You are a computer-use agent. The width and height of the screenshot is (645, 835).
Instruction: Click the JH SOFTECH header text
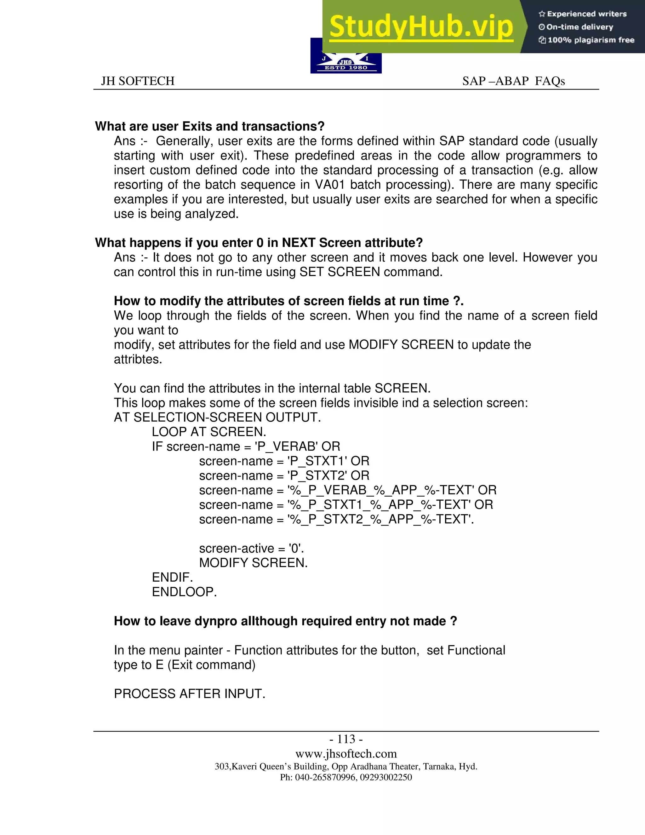click(x=138, y=81)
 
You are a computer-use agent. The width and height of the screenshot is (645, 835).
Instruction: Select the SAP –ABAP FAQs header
click(x=513, y=81)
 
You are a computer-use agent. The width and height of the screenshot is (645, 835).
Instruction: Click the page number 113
click(x=346, y=739)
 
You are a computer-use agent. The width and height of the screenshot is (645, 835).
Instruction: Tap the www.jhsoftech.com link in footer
click(x=346, y=754)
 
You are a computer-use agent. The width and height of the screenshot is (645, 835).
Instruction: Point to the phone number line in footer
click(x=346, y=777)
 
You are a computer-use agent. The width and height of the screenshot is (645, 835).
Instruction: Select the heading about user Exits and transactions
click(x=209, y=126)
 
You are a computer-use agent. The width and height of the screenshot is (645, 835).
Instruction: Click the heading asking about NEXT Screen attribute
click(x=259, y=243)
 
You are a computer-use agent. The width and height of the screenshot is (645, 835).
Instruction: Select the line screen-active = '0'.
click(x=251, y=549)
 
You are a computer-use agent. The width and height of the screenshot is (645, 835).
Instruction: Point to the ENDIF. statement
click(x=172, y=577)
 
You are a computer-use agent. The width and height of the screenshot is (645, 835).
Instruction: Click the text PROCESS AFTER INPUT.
click(x=190, y=694)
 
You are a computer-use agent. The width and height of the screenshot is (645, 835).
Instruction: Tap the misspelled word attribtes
click(x=138, y=360)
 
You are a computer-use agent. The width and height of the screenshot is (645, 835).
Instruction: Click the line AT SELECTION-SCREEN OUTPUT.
click(x=217, y=417)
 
